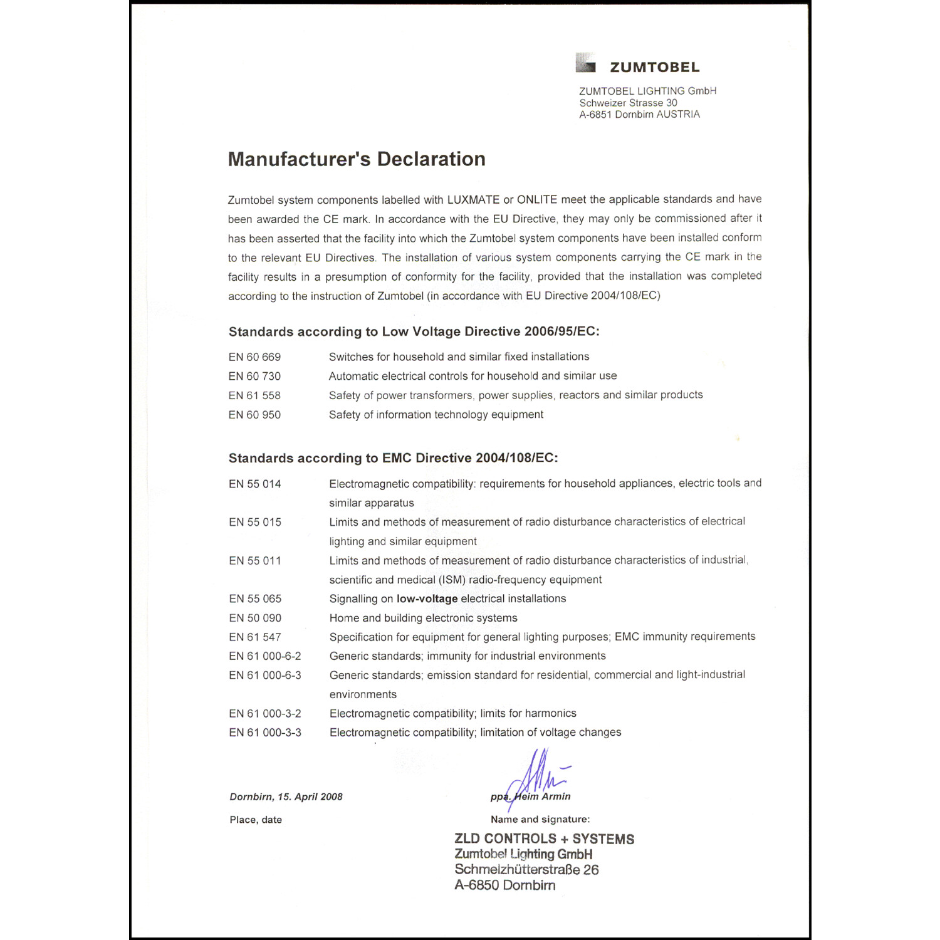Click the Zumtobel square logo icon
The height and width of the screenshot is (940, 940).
[585, 63]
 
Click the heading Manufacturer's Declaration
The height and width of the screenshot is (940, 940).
[357, 159]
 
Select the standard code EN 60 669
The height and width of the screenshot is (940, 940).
[254, 357]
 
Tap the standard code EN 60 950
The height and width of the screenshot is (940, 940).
[254, 415]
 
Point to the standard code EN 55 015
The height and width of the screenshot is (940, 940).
[255, 522]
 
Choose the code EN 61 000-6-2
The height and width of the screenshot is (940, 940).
[264, 656]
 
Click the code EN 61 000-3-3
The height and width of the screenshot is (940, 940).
[264, 733]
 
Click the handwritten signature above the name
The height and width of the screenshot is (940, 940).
[536, 774]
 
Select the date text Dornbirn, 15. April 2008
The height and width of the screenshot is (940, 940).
[286, 797]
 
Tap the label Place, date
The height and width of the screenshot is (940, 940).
[256, 820]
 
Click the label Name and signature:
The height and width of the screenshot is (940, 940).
[540, 819]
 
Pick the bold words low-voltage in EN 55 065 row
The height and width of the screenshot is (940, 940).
[427, 598]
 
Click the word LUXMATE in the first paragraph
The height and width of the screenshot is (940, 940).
[473, 200]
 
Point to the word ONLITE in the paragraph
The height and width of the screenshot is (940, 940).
[537, 200]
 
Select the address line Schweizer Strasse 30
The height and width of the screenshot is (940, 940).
[628, 103]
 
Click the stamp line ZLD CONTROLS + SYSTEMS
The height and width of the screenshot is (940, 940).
[544, 839]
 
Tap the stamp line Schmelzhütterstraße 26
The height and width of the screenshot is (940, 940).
[526, 870]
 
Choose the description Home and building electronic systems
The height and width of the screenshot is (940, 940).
[423, 618]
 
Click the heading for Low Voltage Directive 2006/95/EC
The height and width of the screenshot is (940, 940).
[414, 332]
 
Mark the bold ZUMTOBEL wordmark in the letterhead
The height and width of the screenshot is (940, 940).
[654, 67]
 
